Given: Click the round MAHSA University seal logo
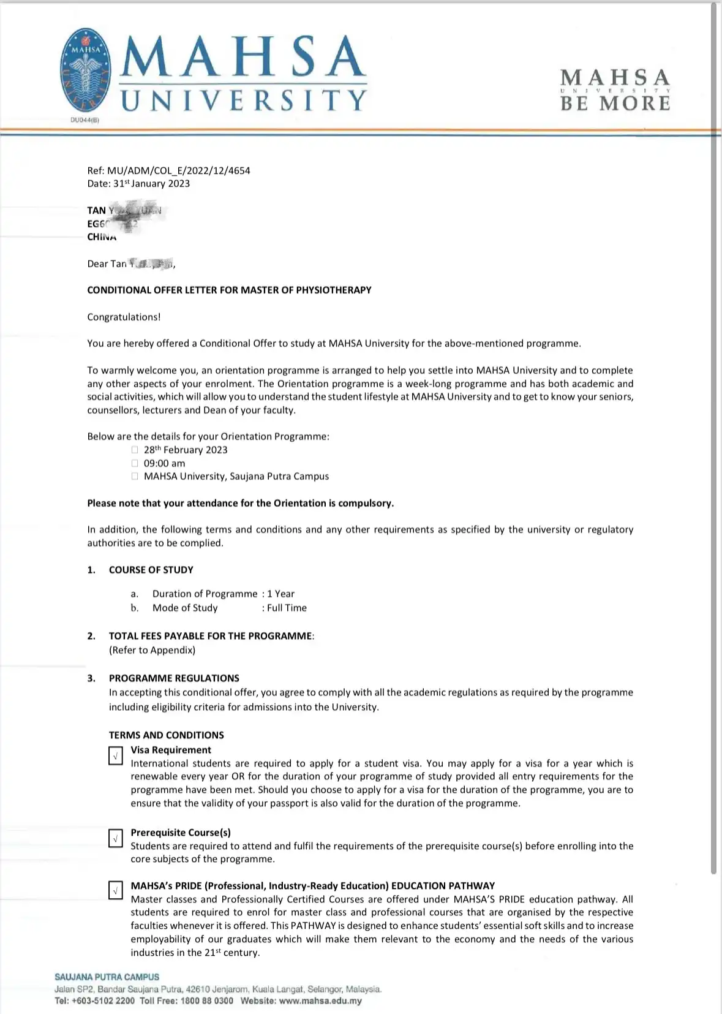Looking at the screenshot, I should pyautogui.click(x=86, y=69).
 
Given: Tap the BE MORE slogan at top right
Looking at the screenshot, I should pyautogui.click(x=615, y=103).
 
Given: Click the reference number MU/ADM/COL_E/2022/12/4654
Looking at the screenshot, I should pyautogui.click(x=178, y=170).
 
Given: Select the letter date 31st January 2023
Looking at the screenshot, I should pyautogui.click(x=151, y=184).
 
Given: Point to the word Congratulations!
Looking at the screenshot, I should pyautogui.click(x=124, y=317).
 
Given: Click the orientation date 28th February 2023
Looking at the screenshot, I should pyautogui.click(x=186, y=450).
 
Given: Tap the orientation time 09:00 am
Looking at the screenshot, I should pyautogui.click(x=164, y=463).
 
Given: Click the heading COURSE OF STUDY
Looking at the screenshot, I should pyautogui.click(x=151, y=570).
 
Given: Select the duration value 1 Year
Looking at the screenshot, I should pyautogui.click(x=280, y=594).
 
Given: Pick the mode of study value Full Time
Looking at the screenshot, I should pyautogui.click(x=287, y=608).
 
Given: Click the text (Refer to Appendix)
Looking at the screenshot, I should pyautogui.click(x=152, y=650).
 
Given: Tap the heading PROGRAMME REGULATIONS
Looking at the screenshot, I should pyautogui.click(x=174, y=678).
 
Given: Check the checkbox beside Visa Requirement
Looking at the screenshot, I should pyautogui.click(x=115, y=755).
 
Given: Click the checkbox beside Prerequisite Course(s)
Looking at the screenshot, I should pyautogui.click(x=115, y=838).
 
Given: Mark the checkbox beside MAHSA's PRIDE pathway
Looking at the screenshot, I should pyautogui.click(x=115, y=890).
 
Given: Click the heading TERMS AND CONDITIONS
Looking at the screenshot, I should pyautogui.click(x=166, y=735).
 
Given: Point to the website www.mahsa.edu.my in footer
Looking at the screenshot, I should pyautogui.click(x=320, y=1001).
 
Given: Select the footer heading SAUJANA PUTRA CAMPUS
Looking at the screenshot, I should pyautogui.click(x=107, y=977).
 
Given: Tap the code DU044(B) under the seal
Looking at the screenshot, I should pyautogui.click(x=85, y=120).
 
